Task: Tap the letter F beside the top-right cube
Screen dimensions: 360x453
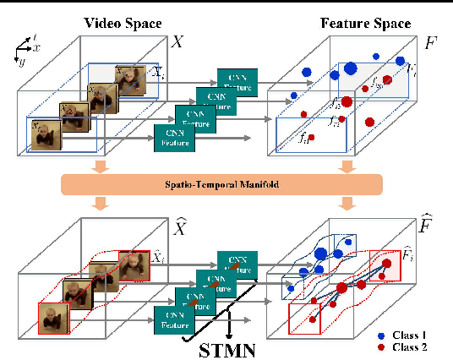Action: click(x=430, y=41)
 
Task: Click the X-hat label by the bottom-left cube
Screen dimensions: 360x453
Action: click(x=180, y=226)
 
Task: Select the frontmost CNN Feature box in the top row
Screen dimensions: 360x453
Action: click(x=175, y=138)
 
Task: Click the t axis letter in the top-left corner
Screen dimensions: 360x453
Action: click(x=35, y=37)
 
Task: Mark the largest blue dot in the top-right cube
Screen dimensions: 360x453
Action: click(x=350, y=68)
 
